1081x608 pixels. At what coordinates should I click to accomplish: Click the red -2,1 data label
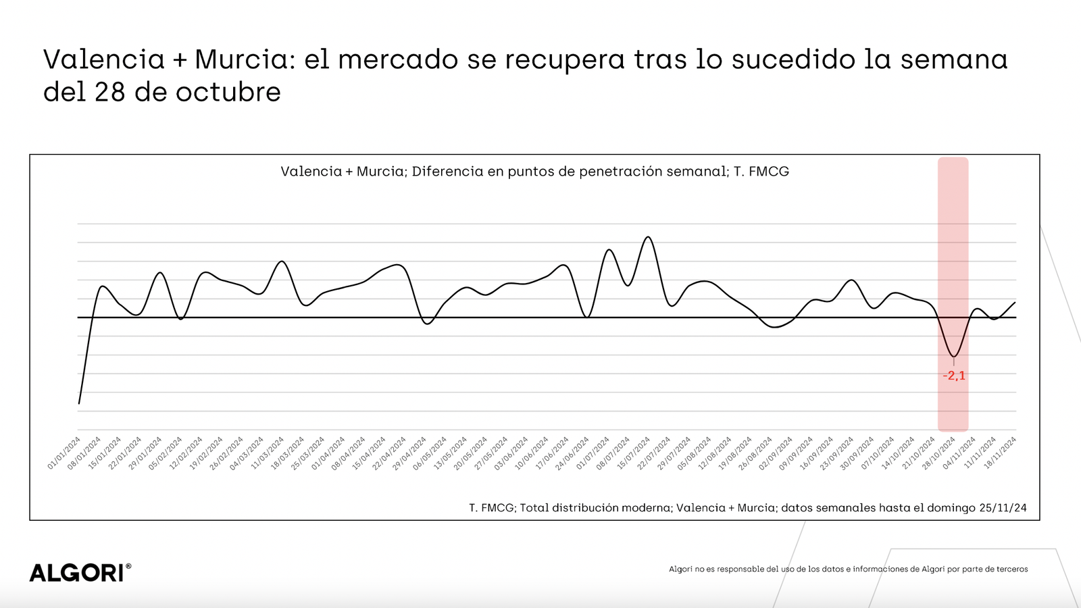coord(954,376)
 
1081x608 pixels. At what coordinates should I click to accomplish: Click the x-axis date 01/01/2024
coord(65,453)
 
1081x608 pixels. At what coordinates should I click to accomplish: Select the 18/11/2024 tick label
coord(1001,453)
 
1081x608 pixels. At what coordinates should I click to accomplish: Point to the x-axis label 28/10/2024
coord(939,453)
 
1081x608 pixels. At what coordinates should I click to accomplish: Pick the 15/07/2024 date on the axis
coord(634,453)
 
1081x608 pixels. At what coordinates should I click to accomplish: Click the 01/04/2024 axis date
coord(329,453)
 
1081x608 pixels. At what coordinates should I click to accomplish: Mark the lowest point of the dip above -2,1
coord(954,356)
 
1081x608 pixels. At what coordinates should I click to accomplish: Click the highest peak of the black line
coord(648,237)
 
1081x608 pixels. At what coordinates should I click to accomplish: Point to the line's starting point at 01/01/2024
coord(79,403)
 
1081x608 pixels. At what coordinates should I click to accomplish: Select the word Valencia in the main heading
coord(104,59)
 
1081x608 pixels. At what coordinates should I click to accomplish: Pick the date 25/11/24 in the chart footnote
coord(1003,508)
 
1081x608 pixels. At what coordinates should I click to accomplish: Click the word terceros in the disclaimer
coord(1011,569)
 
